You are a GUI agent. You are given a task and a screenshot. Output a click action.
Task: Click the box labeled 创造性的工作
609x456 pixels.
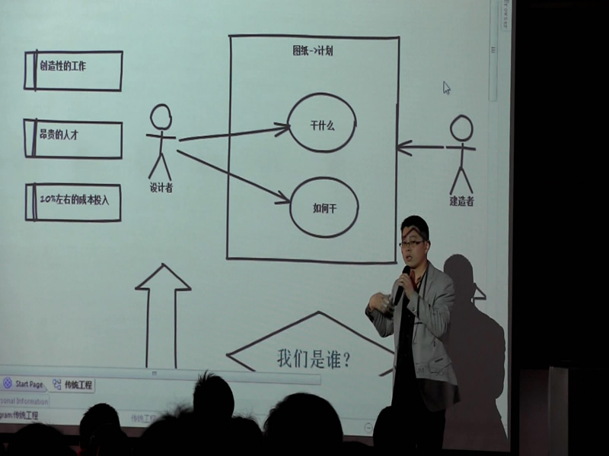click(x=74, y=71)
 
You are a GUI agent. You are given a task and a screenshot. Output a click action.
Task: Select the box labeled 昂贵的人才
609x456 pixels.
click(x=74, y=138)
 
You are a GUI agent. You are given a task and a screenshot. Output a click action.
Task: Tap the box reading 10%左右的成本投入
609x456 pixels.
click(x=74, y=202)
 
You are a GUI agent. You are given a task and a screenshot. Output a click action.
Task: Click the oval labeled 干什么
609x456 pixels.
click(x=322, y=122)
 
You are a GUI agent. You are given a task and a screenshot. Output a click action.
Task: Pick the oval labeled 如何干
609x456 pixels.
click(x=324, y=207)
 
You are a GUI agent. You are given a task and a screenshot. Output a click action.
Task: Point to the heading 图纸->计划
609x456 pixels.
click(x=313, y=51)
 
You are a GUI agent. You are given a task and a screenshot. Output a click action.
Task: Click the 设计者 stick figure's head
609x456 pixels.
click(x=160, y=116)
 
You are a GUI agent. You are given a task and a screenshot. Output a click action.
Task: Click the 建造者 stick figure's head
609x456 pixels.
click(x=461, y=127)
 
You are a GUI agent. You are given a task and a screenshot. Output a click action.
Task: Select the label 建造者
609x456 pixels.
click(x=461, y=201)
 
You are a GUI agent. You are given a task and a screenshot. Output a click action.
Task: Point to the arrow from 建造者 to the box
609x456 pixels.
click(x=421, y=147)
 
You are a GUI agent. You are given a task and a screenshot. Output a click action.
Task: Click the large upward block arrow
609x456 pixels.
click(x=162, y=312)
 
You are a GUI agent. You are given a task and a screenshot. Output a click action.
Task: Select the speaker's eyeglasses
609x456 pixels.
click(x=411, y=244)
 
